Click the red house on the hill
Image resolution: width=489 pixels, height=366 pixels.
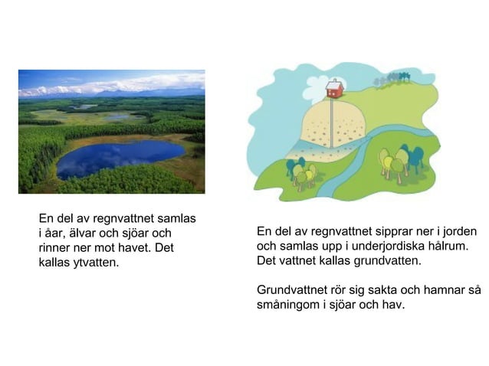click(x=335, y=89)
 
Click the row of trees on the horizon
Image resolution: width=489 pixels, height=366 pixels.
click(x=392, y=78)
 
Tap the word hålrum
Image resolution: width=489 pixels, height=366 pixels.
click(x=445, y=247)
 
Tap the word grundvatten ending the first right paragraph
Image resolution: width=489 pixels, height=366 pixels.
click(x=382, y=261)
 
